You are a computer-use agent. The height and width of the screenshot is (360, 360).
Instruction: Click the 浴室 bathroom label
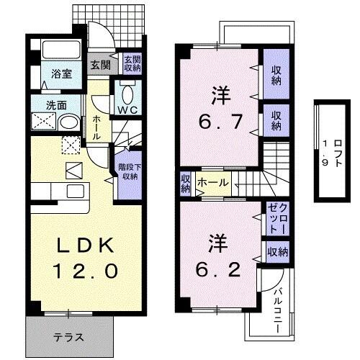point(60,73)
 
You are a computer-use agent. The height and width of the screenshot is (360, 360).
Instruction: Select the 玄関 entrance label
point(99,65)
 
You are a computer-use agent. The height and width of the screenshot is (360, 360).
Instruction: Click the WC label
point(128,110)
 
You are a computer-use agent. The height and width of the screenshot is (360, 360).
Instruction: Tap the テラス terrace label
point(69,336)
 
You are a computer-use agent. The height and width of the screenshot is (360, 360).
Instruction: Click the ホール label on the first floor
point(96,126)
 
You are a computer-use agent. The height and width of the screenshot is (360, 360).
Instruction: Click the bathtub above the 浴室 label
point(61,51)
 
